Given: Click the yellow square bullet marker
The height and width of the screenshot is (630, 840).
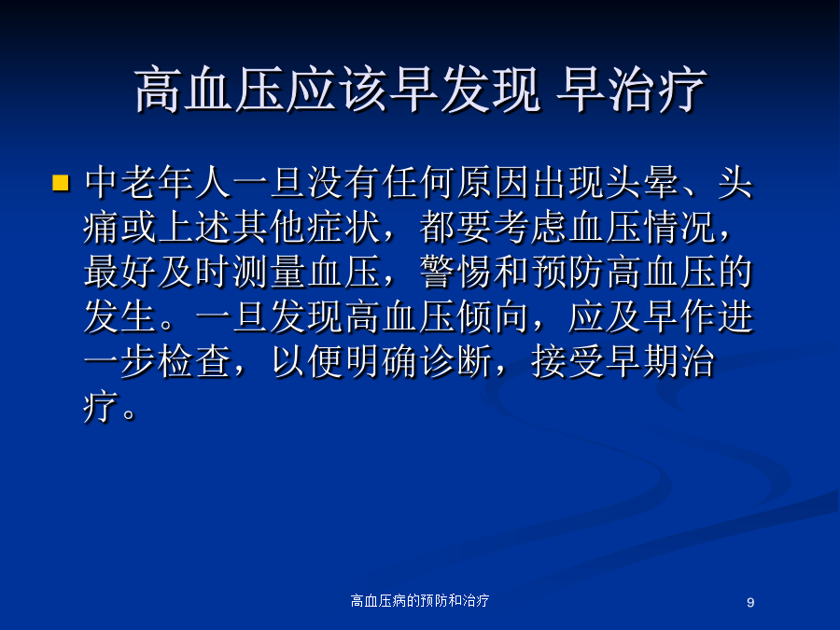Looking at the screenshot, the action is click(x=61, y=183).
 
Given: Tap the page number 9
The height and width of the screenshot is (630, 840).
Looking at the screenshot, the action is click(x=750, y=602).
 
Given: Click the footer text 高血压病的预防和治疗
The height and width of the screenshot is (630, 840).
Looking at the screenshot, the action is click(x=419, y=600).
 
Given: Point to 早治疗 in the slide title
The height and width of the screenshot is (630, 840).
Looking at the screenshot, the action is click(x=632, y=90).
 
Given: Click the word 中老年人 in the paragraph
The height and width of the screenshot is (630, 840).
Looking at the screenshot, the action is click(x=158, y=183).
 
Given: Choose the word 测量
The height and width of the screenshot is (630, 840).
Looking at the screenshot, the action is click(x=270, y=272).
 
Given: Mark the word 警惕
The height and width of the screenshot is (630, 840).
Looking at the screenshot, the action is click(x=456, y=272).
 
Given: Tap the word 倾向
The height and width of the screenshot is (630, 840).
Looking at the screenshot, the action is click(x=494, y=316).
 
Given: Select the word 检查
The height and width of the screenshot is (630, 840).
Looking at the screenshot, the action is click(x=195, y=361).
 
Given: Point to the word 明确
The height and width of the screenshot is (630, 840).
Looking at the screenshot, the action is click(x=382, y=361).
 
